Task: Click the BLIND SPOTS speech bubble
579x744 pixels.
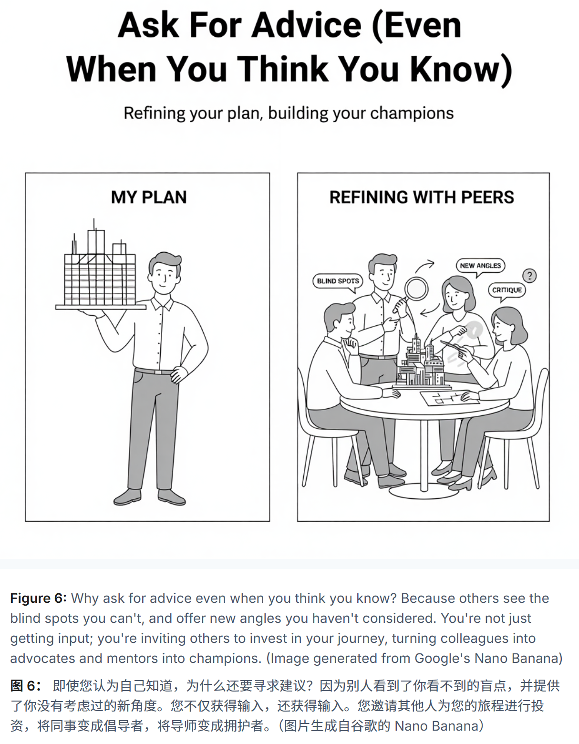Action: [338, 281]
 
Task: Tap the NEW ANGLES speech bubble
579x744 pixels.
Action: [480, 266]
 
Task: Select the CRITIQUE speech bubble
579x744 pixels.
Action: [507, 290]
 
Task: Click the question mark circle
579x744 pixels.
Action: [529, 275]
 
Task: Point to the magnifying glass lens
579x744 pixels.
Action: [416, 288]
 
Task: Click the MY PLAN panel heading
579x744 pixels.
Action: [148, 197]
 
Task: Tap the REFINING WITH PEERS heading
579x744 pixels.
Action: [422, 197]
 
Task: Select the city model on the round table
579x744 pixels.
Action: [420, 365]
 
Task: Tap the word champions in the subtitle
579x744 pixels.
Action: [412, 114]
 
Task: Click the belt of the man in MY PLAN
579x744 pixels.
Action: [155, 372]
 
